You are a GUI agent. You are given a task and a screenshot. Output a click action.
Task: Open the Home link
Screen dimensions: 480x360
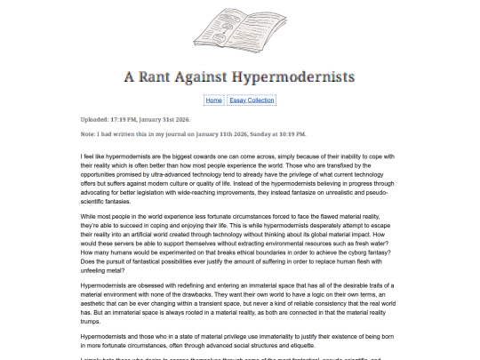point(213,100)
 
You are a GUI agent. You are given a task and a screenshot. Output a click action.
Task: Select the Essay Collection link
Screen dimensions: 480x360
point(252,100)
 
